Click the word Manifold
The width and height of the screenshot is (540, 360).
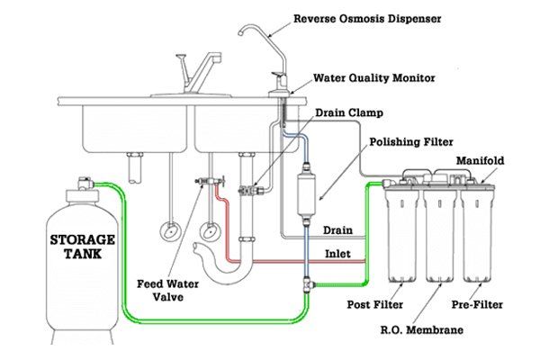480,161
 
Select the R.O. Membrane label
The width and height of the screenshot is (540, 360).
422,330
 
